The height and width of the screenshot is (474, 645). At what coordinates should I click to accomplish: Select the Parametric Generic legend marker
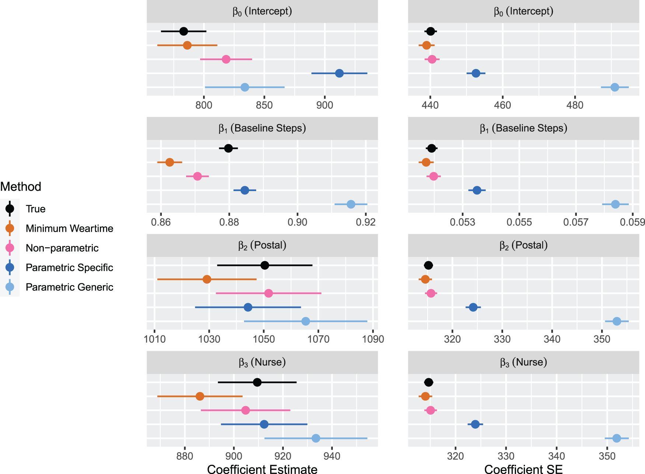[x=10, y=287]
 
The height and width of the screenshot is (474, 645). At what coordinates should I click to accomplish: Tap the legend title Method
[x=21, y=187]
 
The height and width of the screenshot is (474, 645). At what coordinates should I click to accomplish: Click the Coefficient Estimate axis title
[x=262, y=469]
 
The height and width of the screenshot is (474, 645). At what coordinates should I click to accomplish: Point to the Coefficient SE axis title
[x=523, y=469]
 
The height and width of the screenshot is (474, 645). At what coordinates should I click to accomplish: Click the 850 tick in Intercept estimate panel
[x=264, y=105]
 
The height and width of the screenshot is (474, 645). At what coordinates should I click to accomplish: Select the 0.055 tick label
[x=519, y=222]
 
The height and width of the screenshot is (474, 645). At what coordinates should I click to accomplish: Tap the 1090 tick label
[x=373, y=339]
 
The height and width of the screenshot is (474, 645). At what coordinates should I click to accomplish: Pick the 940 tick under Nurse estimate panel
[x=332, y=456]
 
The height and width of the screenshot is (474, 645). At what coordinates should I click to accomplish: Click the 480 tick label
[x=575, y=105]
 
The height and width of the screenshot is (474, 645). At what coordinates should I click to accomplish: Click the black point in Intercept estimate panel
[x=184, y=31]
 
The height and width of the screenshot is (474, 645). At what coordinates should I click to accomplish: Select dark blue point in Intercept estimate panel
[x=339, y=73]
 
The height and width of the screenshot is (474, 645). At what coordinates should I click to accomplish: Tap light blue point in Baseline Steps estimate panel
[x=351, y=204]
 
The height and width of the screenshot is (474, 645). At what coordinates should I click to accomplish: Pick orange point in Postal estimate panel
[x=207, y=279]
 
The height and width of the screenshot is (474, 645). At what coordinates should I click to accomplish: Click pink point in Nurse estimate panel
[x=245, y=410]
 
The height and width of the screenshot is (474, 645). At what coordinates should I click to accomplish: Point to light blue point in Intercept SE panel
[x=615, y=87]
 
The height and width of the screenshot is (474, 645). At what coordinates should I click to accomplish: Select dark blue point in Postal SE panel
[x=473, y=307]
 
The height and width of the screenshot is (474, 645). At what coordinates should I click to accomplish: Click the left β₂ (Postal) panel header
[x=262, y=245]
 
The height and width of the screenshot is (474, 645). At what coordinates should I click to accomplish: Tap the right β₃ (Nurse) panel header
[x=523, y=362]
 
